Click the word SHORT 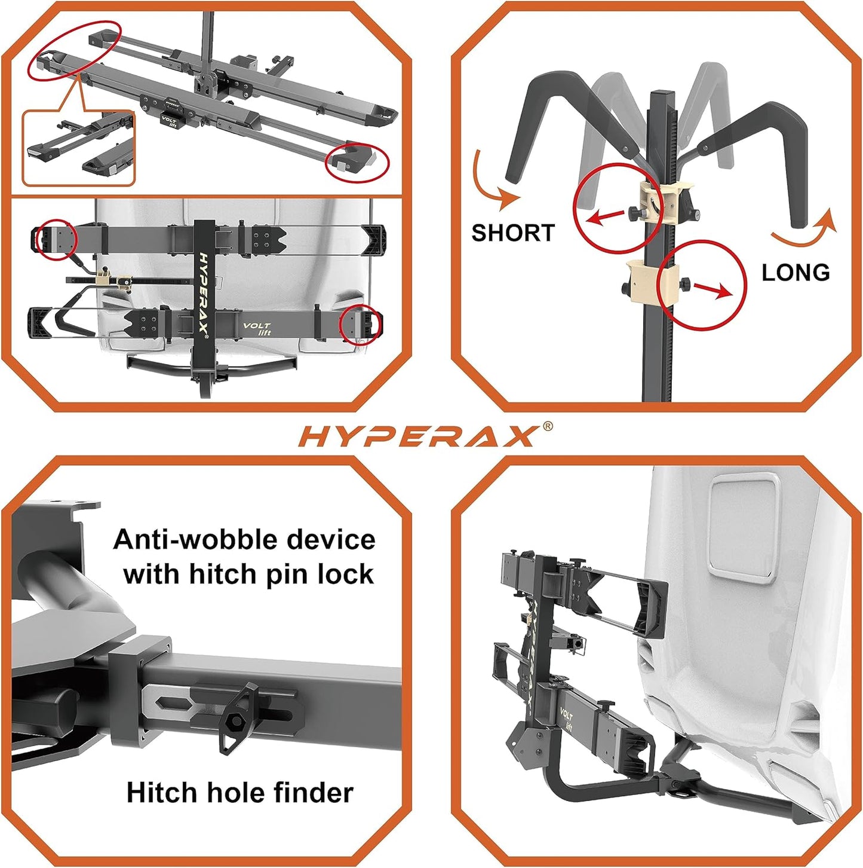(x=513, y=233)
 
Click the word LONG (x=796, y=273)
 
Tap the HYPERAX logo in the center (x=417, y=436)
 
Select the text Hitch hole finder (x=239, y=793)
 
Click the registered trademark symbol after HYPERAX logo (x=546, y=426)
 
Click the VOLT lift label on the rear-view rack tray (x=257, y=329)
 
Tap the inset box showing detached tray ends (x=78, y=147)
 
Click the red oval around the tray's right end (x=357, y=161)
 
